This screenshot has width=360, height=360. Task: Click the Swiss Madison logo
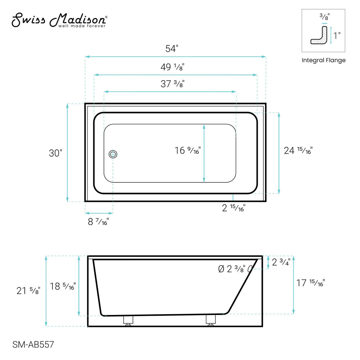click(59, 21)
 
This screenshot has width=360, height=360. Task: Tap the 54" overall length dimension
click(172, 49)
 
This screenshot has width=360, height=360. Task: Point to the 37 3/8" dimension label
click(172, 84)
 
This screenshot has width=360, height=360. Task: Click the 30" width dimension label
click(55, 153)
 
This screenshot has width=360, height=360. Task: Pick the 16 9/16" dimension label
click(188, 150)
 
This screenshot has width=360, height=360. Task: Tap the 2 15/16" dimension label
click(234, 208)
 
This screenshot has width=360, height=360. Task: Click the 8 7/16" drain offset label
click(98, 221)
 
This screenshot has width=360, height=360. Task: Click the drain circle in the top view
click(113, 154)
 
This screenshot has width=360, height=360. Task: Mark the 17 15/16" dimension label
click(310, 283)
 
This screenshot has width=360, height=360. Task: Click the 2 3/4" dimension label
click(281, 262)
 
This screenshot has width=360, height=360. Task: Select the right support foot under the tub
click(211, 320)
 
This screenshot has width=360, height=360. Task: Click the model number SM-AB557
click(33, 345)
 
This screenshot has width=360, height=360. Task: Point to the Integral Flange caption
click(323, 60)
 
